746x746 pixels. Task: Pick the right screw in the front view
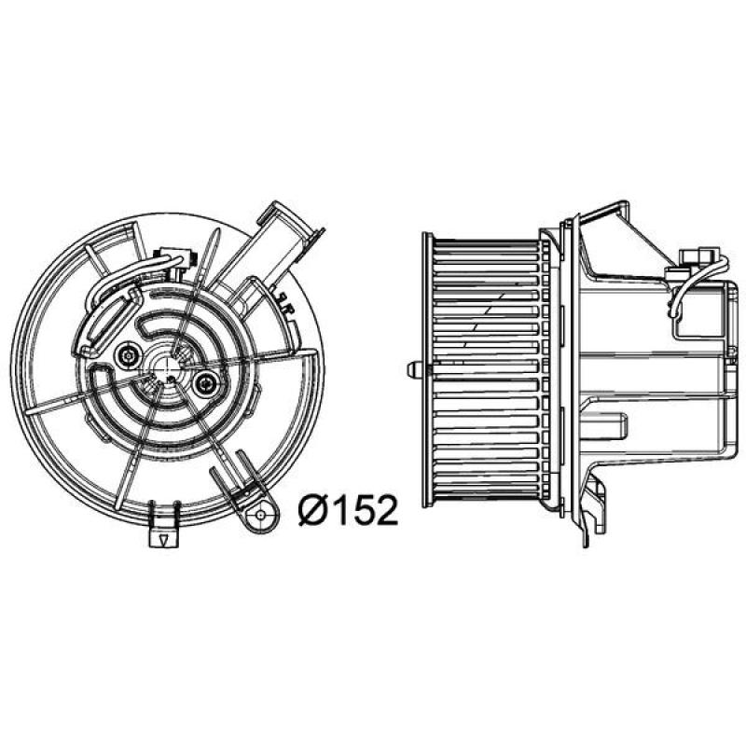tap(205, 379)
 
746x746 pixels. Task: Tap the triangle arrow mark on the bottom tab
tap(163, 540)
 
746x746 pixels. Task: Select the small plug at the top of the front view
tap(175, 254)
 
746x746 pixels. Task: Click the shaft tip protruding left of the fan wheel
tap(413, 368)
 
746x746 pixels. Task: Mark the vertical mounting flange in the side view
tap(563, 373)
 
